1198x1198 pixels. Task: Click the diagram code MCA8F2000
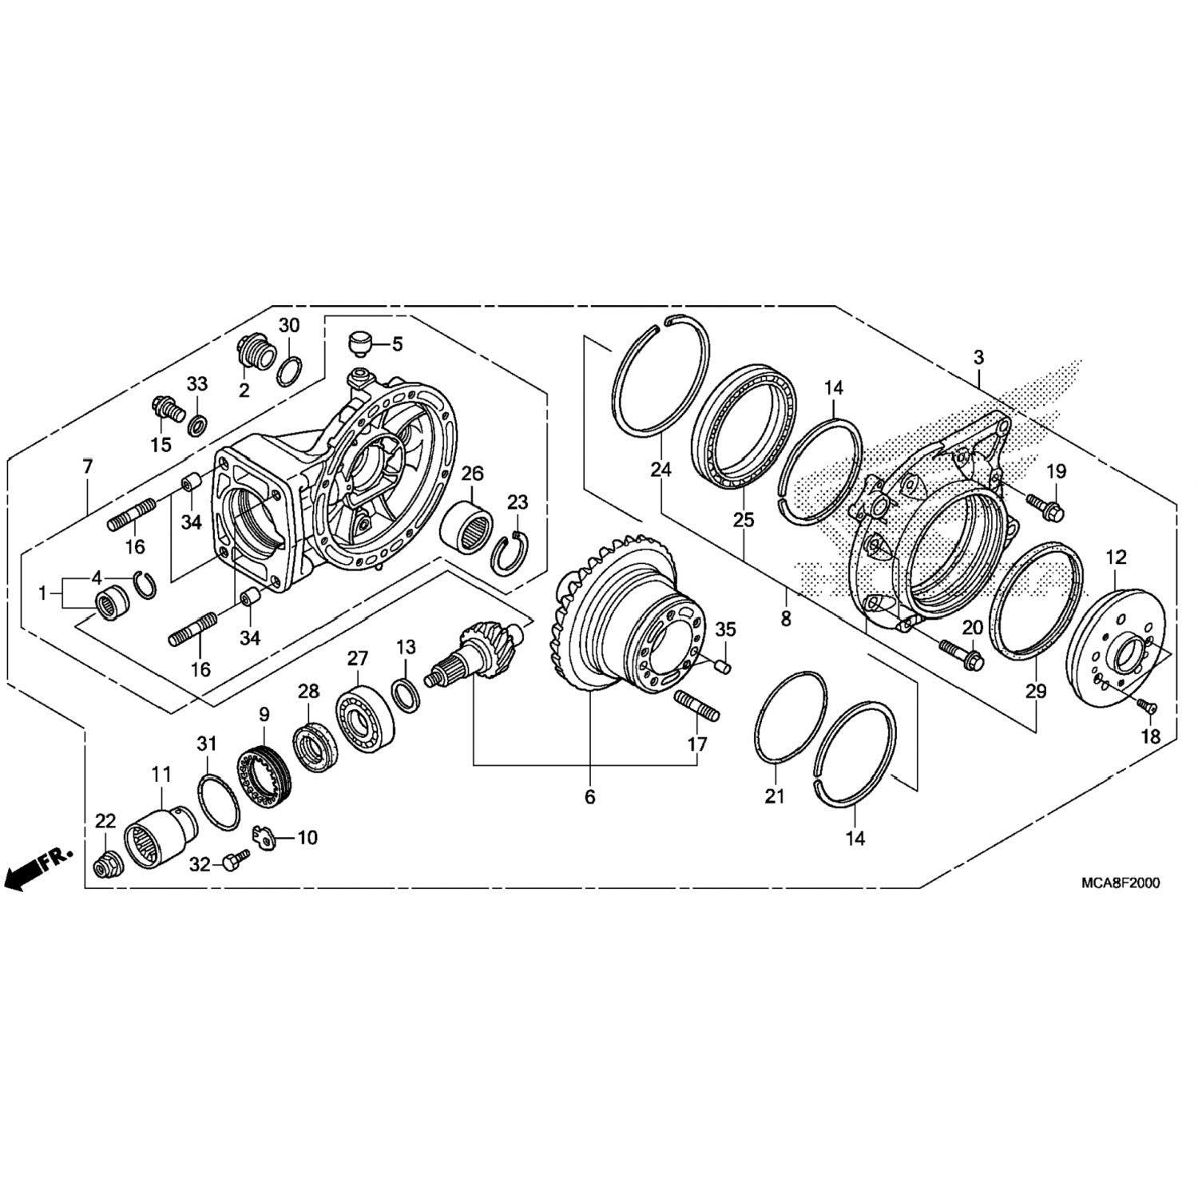tap(1121, 883)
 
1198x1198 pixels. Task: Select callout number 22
tap(105, 821)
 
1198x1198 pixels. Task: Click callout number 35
tap(724, 629)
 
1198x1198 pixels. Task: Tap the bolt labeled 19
tap(1044, 504)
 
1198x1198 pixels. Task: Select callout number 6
tap(590, 797)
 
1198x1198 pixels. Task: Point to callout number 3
tap(979, 357)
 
